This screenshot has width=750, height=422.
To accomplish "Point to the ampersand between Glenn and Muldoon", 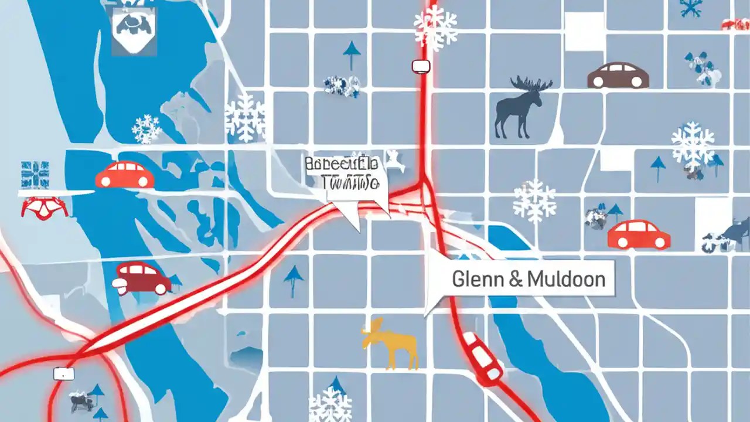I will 516,280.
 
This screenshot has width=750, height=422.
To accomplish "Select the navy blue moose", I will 519,108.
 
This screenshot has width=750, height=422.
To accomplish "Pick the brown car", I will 618,76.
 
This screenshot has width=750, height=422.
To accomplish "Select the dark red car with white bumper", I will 142,278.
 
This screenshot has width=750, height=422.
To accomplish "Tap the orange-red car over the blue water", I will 125,175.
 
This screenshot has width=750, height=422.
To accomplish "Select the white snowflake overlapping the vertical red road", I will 435,26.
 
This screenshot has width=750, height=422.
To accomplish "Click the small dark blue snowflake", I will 692,8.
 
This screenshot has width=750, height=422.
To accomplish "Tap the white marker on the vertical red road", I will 421,66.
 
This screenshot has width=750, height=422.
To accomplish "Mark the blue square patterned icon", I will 34,175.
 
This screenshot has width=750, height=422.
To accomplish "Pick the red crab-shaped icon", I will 44,207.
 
